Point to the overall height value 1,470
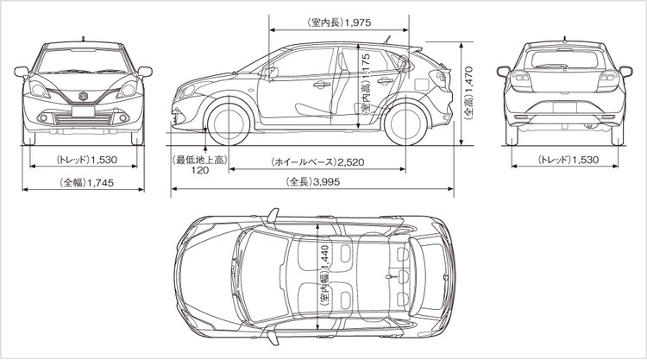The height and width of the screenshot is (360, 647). [x=468, y=82]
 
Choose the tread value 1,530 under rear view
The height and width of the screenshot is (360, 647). [x=582, y=161]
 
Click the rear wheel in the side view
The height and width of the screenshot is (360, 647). [x=405, y=123]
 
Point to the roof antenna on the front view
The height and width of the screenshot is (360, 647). [x=83, y=37]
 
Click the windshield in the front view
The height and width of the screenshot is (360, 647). [x=83, y=60]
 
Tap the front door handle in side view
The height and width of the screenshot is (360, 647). [x=321, y=84]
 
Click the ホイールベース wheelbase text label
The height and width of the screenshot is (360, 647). [x=302, y=161]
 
